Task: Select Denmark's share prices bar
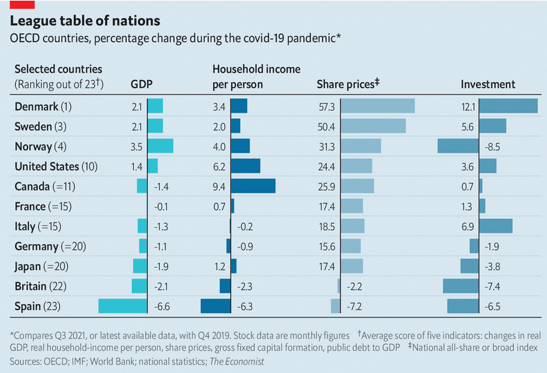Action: [378, 106]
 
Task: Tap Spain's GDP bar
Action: [123, 306]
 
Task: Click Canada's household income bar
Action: [253, 186]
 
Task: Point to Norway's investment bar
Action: [458, 146]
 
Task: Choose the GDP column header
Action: [141, 84]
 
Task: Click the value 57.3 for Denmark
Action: [326, 107]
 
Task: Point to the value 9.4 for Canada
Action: [219, 186]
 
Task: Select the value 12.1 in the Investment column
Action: [468, 107]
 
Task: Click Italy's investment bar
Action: [496, 227]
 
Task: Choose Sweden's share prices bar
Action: [373, 126]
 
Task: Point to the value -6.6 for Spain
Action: [162, 307]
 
